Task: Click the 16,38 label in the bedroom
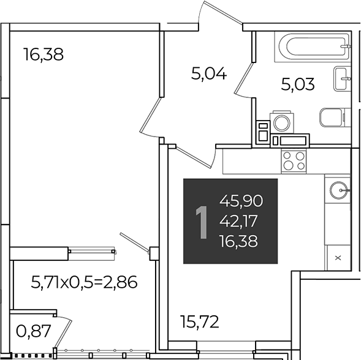pyautogui.click(x=44, y=54)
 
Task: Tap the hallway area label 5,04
pyautogui.click(x=209, y=74)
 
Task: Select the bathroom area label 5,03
pyautogui.click(x=298, y=84)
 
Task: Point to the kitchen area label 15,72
pyautogui.click(x=200, y=321)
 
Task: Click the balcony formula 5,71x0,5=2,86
pyautogui.click(x=84, y=282)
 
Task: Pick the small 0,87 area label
pyautogui.click(x=33, y=331)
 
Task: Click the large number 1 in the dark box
pyautogui.click(x=202, y=222)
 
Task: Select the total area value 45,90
pyautogui.click(x=241, y=201)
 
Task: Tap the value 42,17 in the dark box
pyautogui.click(x=238, y=221)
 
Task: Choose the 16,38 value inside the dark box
pyautogui.click(x=238, y=241)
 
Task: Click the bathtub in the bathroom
pyautogui.click(x=313, y=47)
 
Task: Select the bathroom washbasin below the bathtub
pyautogui.click(x=342, y=78)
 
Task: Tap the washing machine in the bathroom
pyautogui.click(x=282, y=122)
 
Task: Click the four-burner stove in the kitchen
pyautogui.click(x=294, y=161)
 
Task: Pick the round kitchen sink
pyautogui.click(x=339, y=190)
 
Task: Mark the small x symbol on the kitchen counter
pyautogui.click(x=338, y=258)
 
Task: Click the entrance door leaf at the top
pyautogui.click(x=223, y=12)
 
